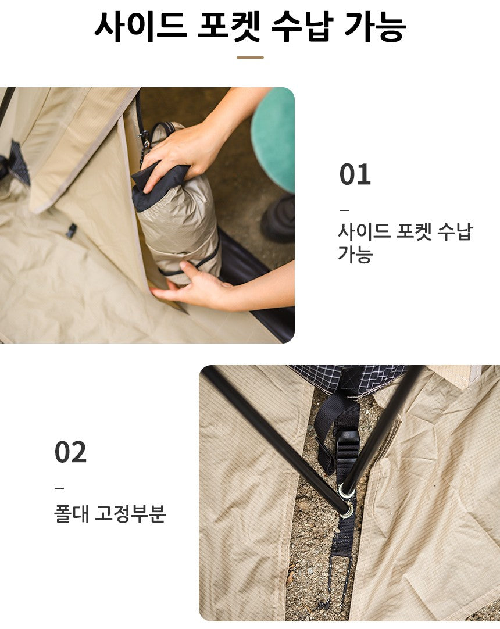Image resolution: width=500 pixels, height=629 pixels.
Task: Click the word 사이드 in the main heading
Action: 140,26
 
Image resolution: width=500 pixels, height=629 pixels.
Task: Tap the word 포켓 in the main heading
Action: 229,26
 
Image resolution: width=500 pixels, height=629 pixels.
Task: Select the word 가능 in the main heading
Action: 375,26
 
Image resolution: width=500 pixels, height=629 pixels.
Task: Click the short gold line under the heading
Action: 250,58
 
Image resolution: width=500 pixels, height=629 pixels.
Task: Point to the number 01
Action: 355,175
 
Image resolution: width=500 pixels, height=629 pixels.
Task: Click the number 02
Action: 70,452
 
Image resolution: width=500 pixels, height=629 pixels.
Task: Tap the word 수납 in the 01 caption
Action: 454,231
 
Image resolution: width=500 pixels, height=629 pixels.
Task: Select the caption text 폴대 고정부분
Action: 110,514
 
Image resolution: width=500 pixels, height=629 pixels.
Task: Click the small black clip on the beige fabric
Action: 71,230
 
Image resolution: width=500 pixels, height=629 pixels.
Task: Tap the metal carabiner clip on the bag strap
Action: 143,140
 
